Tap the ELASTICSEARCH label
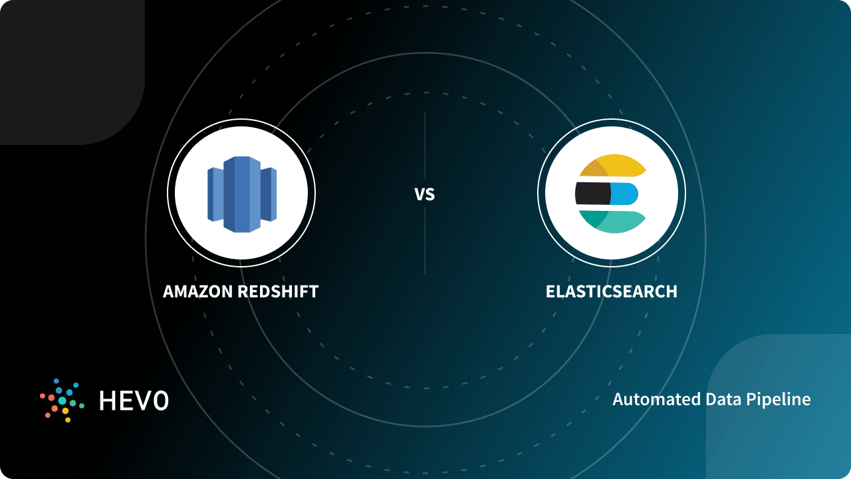(611, 291)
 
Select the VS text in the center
(424, 194)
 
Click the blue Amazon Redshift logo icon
(241, 194)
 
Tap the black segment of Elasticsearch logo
(592, 194)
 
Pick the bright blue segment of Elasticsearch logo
(624, 194)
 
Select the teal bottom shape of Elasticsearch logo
(615, 221)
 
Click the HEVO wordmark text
(134, 400)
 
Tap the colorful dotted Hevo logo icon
(62, 400)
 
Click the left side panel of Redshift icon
(215, 194)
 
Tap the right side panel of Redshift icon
(269, 194)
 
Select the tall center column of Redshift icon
(241, 194)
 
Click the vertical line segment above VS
(424, 146)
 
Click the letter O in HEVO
(160, 400)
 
